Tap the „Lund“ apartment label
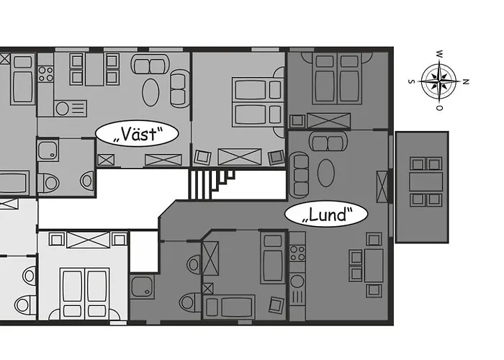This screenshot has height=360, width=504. click(x=326, y=214)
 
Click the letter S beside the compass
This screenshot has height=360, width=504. click(x=410, y=81)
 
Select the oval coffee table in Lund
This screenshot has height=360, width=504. click(x=325, y=174)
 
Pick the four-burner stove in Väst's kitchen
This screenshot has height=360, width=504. click(x=45, y=72)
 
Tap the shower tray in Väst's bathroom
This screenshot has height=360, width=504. click(x=49, y=151)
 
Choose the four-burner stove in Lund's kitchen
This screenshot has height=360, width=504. click(x=297, y=253)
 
